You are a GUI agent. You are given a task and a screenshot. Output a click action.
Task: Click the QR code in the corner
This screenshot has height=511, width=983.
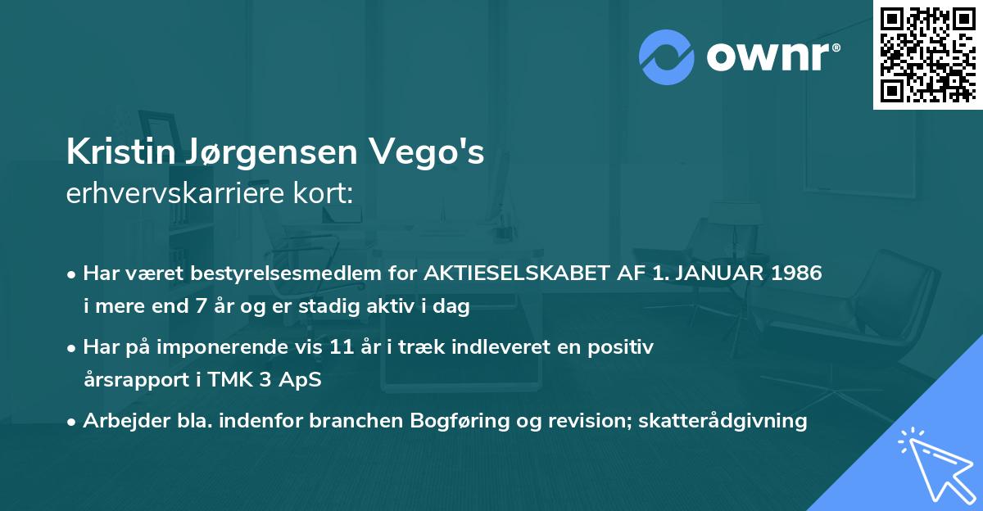pos(927,54)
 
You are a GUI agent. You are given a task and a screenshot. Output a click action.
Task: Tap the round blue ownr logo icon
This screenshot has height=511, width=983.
pos(667,57)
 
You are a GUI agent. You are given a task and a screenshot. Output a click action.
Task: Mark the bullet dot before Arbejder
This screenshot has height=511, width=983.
pos(73,422)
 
